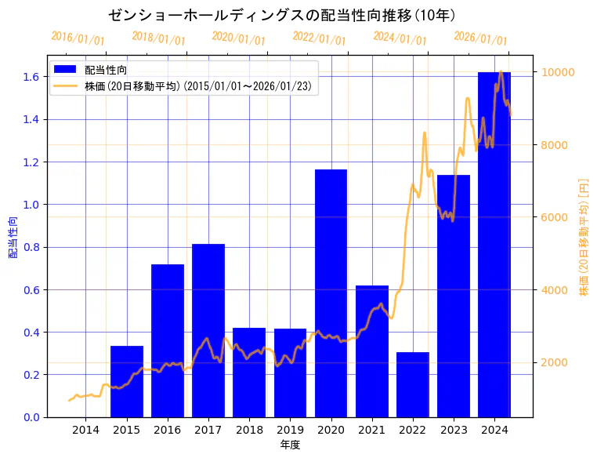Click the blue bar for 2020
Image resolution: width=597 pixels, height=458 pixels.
coord(331,293)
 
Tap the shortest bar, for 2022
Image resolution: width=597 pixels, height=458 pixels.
coord(413,384)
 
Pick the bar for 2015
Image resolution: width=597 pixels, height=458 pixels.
coord(127,381)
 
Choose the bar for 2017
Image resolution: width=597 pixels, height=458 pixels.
coord(208,330)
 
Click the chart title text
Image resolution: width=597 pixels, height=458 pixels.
coord(282,15)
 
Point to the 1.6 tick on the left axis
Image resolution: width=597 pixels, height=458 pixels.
coord(31,77)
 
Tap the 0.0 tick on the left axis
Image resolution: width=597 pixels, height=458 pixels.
coord(31,417)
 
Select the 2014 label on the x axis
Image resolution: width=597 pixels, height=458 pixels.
coord(85,431)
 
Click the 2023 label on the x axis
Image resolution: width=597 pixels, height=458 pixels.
coord(454,431)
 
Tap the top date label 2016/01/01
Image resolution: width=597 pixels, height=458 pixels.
coord(78,37)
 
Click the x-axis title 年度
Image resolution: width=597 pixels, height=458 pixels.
coord(290,445)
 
